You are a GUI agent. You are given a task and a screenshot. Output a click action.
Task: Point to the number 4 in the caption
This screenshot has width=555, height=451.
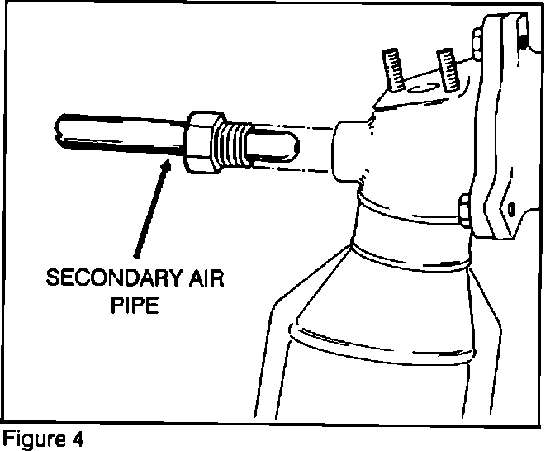pyautogui.click(x=76, y=438)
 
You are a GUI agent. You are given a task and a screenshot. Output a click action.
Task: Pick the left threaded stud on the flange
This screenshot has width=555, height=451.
pyautogui.click(x=392, y=68)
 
